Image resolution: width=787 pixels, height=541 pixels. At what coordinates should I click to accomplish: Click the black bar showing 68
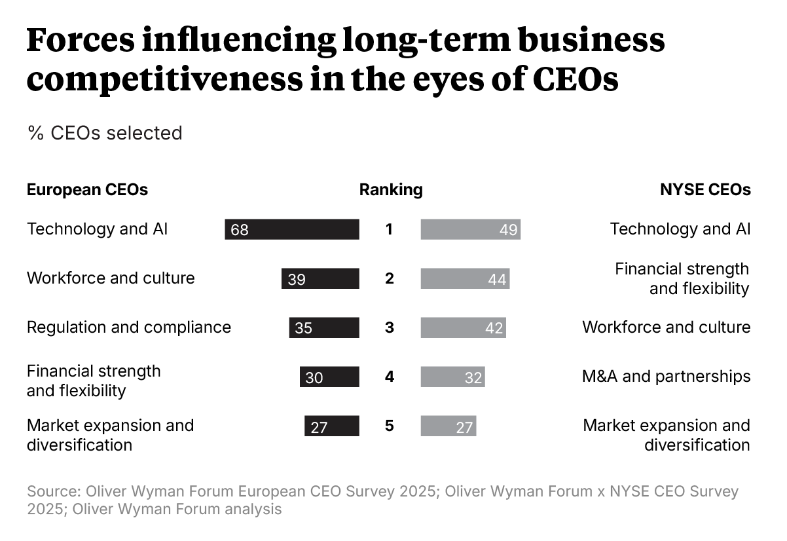click(x=292, y=229)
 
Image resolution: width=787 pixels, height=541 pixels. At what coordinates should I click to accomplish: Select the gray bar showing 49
click(x=470, y=229)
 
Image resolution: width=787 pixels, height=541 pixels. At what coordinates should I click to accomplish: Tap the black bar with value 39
click(x=320, y=279)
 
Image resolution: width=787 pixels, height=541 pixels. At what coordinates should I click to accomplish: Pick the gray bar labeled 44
click(x=465, y=279)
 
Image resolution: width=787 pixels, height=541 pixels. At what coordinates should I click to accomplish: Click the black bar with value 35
click(x=324, y=327)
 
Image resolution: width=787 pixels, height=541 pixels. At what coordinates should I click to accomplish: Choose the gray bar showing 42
click(x=463, y=327)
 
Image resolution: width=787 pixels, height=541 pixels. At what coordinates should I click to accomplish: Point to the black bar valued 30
click(x=329, y=377)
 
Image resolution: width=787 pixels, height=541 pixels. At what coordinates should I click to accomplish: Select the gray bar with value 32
click(x=452, y=377)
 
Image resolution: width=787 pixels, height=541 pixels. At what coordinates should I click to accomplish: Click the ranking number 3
click(x=390, y=327)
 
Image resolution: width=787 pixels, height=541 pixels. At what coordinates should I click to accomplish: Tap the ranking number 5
click(x=390, y=426)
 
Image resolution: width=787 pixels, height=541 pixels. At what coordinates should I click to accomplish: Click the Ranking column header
click(x=391, y=190)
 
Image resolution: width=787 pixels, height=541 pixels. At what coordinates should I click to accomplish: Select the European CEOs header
click(x=87, y=190)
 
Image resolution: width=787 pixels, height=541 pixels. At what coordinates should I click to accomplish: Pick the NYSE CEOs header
click(x=705, y=190)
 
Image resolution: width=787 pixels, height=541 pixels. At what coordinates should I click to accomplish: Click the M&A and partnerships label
click(x=666, y=377)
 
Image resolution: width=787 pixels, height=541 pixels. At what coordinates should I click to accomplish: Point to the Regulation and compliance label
click(x=129, y=327)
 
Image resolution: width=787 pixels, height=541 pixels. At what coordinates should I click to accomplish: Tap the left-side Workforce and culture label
click(x=111, y=278)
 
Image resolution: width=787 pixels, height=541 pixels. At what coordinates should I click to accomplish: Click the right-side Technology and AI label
click(x=680, y=229)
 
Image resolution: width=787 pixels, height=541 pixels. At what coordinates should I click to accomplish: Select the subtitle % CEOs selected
click(x=105, y=133)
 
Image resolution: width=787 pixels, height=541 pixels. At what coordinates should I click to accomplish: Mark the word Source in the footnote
click(x=50, y=491)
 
